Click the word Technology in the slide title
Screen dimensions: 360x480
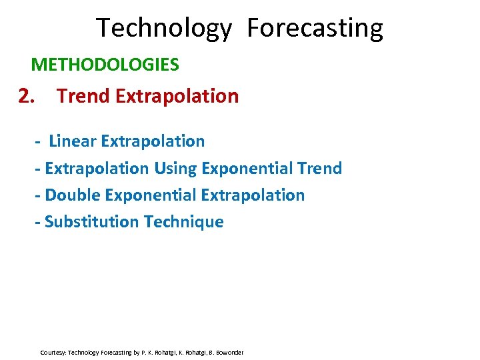point(164,29)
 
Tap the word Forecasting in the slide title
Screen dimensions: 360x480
point(315,29)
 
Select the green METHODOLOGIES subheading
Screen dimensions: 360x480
point(105,65)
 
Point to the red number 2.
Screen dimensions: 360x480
point(26,97)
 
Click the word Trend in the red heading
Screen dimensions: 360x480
point(83,97)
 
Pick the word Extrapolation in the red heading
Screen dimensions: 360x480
point(177,97)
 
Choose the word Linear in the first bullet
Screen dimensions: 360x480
point(73,141)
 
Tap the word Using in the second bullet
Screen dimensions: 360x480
point(175,168)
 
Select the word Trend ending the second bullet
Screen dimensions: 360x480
point(319,168)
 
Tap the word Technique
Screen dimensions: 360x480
point(182,222)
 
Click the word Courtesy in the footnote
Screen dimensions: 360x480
point(53,352)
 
